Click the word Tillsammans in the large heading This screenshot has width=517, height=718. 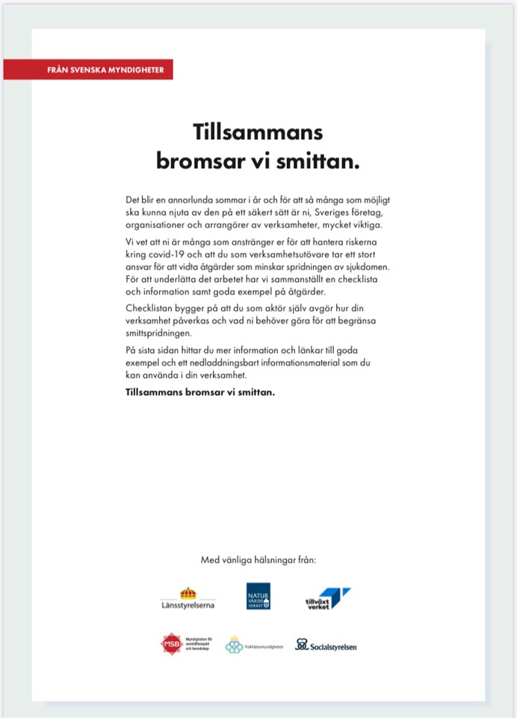[258, 132]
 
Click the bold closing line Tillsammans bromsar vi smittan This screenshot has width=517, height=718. [201, 391]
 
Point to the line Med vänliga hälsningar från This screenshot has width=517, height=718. [258, 559]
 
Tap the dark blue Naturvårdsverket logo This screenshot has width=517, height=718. [258, 596]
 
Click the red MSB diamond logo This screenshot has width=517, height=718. [172, 644]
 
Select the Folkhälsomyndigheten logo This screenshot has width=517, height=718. [254, 645]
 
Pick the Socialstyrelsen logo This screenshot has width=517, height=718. [326, 645]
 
